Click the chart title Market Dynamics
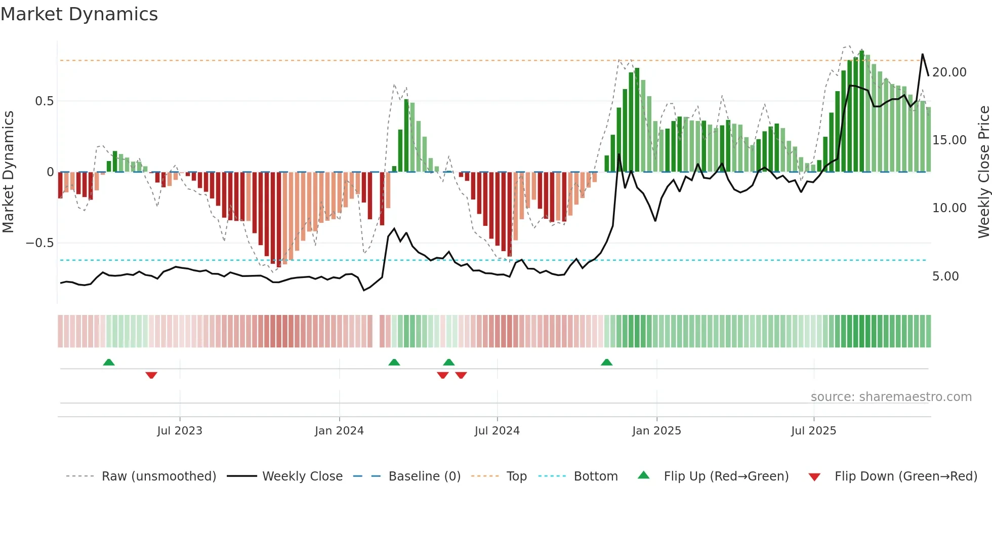79,14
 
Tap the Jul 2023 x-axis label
180,431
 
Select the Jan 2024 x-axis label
339,431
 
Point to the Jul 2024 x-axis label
497,431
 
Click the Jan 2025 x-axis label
656,431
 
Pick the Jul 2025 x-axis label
814,431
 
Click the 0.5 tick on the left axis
45,101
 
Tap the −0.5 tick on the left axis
40,243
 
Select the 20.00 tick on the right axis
949,72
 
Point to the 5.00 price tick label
945,276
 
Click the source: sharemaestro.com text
891,397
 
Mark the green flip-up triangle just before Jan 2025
606,362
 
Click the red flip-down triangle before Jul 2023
151,375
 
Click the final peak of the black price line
922,54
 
